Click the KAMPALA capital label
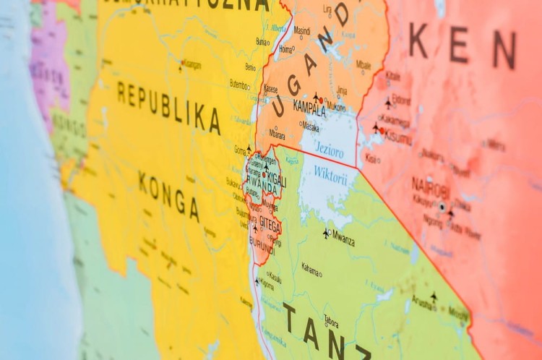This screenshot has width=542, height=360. pyautogui.click(x=309, y=108)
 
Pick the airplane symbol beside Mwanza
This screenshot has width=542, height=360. pyautogui.click(x=326, y=233)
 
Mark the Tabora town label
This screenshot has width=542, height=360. pyautogui.click(x=331, y=322)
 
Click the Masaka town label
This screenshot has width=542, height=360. pyautogui.click(x=310, y=127)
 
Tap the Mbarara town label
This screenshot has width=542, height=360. pyautogui.click(x=277, y=134)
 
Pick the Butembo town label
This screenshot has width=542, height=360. pyautogui.click(x=239, y=84)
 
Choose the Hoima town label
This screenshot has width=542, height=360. pyautogui.click(x=286, y=50)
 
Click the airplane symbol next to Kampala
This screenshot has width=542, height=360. pyautogui.click(x=316, y=96)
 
